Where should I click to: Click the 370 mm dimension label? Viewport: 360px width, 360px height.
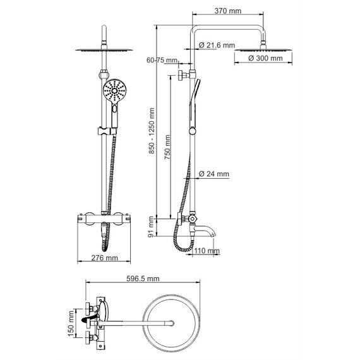point(227,11)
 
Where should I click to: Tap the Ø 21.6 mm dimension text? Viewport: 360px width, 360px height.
point(216,45)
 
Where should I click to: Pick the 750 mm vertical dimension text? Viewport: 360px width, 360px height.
point(167,148)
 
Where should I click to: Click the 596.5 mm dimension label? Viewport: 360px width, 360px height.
point(141,279)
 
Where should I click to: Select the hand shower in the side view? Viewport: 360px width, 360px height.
point(195,98)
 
